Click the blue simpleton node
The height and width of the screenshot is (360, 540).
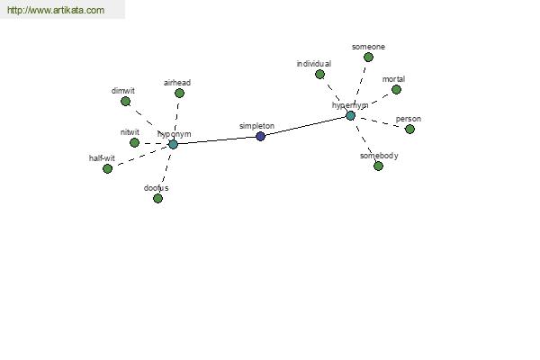(x=261, y=137)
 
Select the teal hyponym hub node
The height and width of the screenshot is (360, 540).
(x=173, y=144)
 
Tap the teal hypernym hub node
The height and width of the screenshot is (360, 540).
(x=351, y=116)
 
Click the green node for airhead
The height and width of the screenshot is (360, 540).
(x=179, y=93)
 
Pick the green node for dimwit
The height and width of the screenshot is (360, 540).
(x=126, y=102)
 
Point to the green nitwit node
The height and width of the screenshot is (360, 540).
(x=135, y=142)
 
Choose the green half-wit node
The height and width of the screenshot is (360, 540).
(x=107, y=169)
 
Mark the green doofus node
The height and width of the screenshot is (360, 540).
(x=157, y=198)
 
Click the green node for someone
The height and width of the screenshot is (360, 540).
(x=368, y=58)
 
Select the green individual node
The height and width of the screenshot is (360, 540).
(x=319, y=74)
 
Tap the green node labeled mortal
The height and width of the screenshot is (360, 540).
(x=396, y=90)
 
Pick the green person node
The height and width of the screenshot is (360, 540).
(x=409, y=130)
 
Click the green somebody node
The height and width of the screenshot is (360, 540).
(x=379, y=166)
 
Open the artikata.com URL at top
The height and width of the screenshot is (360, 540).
(x=56, y=10)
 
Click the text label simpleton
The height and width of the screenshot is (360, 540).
(x=256, y=126)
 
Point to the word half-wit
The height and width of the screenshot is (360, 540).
(x=102, y=158)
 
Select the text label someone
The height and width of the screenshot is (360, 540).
(x=368, y=47)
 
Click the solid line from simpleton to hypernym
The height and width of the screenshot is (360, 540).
(x=305, y=126)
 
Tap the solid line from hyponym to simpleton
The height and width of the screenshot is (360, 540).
(x=217, y=140)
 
